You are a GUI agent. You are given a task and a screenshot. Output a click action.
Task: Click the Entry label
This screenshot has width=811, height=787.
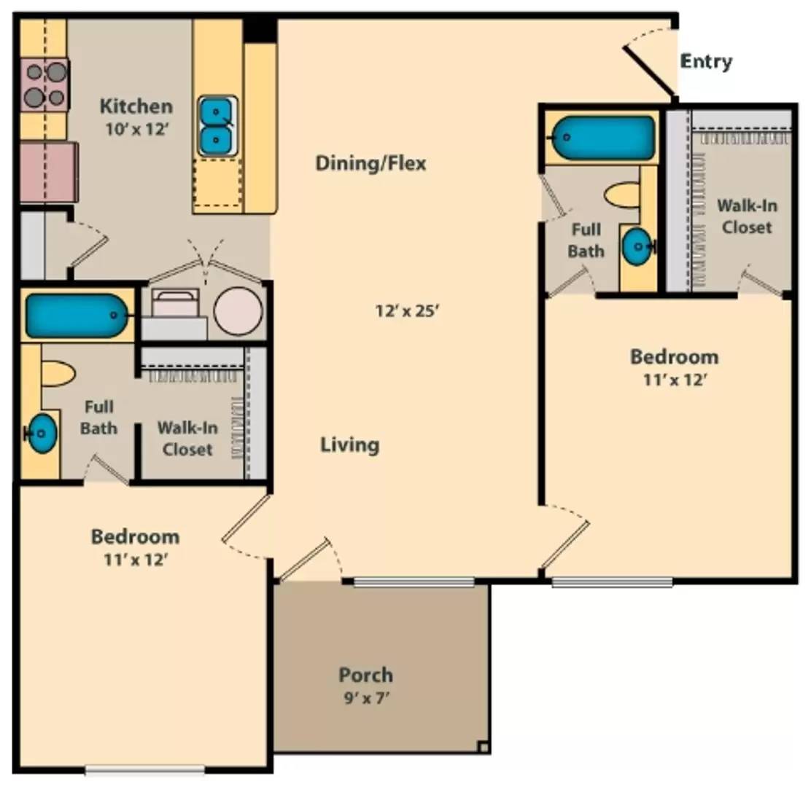705,62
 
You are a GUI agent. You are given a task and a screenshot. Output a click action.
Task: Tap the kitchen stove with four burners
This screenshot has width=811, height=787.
44,85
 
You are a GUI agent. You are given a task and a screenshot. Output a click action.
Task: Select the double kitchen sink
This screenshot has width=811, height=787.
216,125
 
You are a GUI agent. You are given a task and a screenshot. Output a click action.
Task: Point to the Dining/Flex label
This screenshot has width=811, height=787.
370,163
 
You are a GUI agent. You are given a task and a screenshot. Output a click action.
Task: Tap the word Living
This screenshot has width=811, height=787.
350,445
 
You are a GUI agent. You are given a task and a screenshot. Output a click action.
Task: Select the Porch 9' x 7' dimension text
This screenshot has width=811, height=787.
365,697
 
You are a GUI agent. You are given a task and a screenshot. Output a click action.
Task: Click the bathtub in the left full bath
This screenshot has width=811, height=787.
76,316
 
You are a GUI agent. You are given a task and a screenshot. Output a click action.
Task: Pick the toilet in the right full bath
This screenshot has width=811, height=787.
622,195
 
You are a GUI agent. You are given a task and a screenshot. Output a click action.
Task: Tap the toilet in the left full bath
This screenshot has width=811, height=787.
58,373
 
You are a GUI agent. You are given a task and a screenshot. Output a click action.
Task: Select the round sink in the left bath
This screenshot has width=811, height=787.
42,433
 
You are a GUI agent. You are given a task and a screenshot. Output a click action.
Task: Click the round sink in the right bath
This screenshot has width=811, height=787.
637,248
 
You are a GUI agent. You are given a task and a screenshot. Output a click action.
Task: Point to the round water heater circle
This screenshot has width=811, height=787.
237,310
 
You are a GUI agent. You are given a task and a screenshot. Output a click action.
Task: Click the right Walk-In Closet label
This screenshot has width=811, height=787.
746,216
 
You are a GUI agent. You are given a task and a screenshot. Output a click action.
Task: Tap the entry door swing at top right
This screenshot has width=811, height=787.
648,66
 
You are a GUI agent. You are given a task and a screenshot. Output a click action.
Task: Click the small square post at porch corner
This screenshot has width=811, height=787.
482,746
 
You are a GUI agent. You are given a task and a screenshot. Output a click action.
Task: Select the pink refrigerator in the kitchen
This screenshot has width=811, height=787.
48,172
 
